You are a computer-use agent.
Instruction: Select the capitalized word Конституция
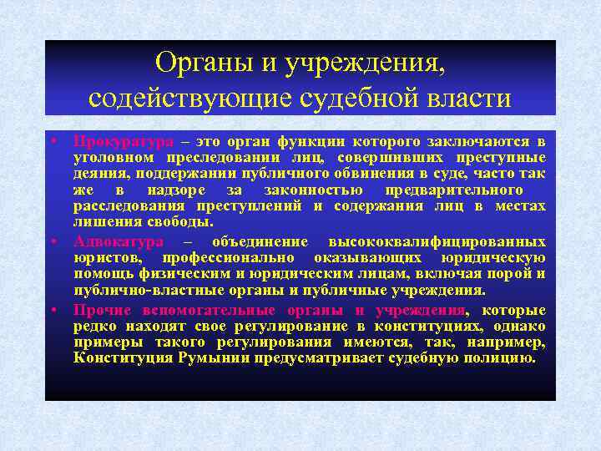click(x=124, y=358)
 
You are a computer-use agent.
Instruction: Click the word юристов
click(x=106, y=258)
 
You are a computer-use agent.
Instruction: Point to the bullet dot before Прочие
click(x=52, y=309)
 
